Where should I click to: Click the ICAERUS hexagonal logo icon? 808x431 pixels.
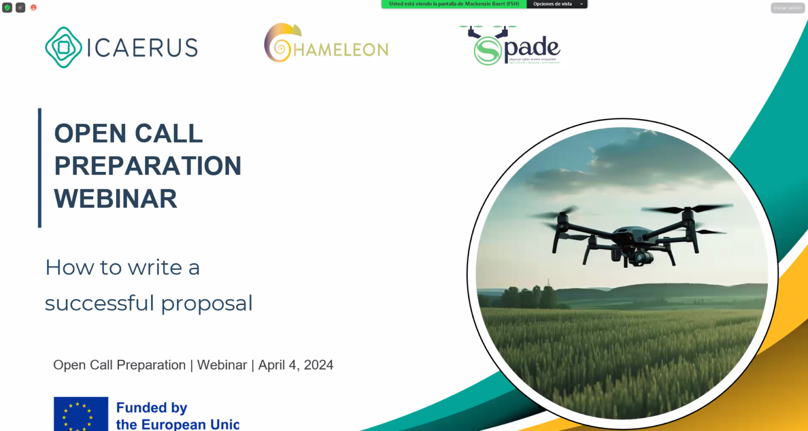point(63,47)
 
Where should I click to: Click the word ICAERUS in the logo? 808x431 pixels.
point(142,48)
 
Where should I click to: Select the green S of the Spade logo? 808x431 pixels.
point(487,50)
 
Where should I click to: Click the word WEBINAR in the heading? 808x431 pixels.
point(116,199)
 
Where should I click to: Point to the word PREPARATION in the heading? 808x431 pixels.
point(148,166)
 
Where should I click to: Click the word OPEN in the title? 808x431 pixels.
point(89,134)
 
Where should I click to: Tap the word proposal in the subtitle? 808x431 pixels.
point(207,303)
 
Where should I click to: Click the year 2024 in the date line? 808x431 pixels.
point(318,365)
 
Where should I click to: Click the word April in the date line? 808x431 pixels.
point(271,365)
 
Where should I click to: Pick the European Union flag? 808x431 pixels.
point(80,414)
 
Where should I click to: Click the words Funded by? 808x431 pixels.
point(151,408)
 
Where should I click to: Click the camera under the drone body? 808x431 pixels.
point(640,258)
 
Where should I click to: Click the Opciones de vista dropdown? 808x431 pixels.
point(557,4)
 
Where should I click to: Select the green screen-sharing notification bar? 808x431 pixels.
point(453,4)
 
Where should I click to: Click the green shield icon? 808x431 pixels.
point(7,8)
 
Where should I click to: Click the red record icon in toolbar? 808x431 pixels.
point(34,8)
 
